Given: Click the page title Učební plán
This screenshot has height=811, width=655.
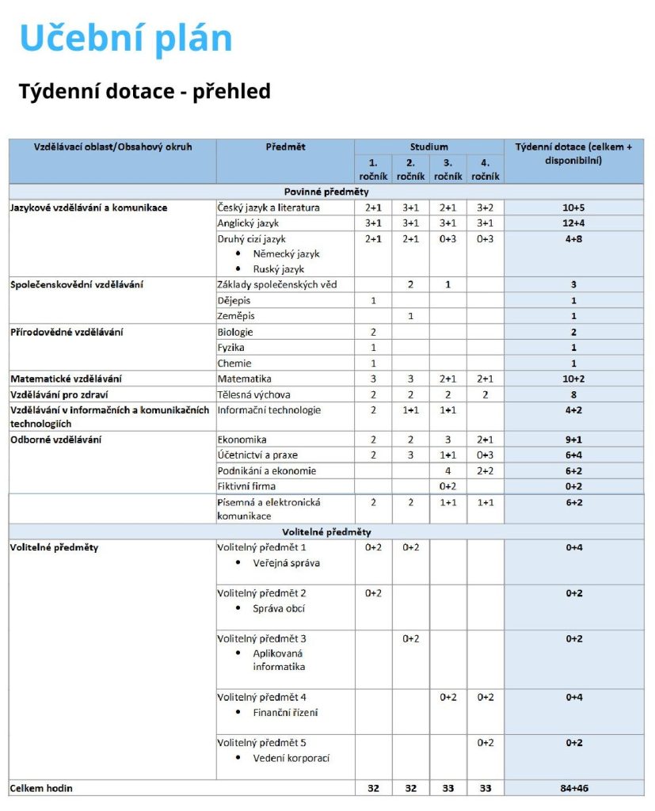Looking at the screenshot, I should coord(126,39).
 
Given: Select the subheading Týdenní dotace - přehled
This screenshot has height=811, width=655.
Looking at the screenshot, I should coord(145,92).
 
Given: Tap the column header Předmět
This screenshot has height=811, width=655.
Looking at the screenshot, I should coord(285,147).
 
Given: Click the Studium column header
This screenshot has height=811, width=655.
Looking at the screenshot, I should coord(428,147).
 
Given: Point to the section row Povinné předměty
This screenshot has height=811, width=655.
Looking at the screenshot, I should coord(326,192).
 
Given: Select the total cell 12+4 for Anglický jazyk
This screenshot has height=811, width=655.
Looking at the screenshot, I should coord(573,223).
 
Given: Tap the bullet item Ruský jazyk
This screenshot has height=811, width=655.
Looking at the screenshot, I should coord(279,269).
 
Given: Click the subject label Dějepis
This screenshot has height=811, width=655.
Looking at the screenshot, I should coord(234,300).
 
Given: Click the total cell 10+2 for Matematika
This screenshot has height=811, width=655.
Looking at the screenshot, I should coord(573,379).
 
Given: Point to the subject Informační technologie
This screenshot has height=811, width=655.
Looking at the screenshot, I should coord(269,410).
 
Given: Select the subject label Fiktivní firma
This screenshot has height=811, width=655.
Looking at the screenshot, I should coord(246,485).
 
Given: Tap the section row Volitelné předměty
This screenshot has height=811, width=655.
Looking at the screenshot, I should coord(326,532).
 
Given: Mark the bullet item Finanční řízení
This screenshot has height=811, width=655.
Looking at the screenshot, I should coord(285,713).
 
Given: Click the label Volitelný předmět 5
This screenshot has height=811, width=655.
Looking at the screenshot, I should coord(262,743).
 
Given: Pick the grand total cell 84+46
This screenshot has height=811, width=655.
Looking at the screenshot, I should coord(573,789).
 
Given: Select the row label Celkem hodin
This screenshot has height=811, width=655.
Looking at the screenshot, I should coord(41,789).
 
